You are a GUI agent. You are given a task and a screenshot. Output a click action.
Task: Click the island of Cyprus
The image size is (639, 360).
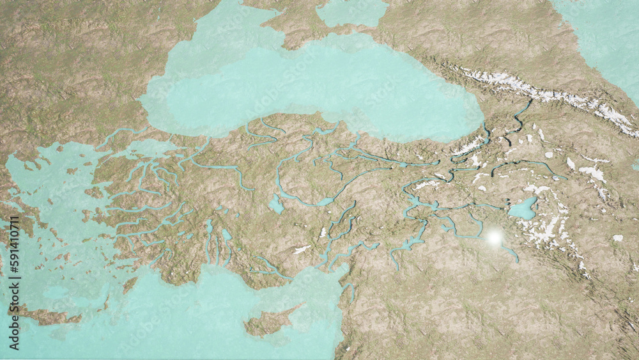[x=268, y=323]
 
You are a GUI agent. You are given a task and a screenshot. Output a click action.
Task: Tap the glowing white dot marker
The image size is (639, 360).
[x=494, y=238]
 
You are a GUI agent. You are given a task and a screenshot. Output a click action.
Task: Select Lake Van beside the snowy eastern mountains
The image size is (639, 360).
[x=523, y=209]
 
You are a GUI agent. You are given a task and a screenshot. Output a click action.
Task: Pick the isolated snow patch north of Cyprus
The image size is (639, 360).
[x=302, y=249]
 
